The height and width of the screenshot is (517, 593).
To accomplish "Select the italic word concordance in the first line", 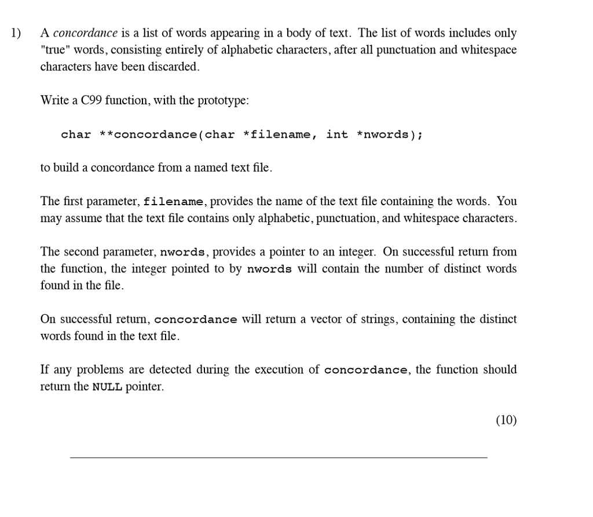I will [85, 33].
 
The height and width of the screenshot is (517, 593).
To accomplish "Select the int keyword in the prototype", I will [337, 134].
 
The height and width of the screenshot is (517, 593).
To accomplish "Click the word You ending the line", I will [507, 201].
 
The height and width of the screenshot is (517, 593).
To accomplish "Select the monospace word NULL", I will [107, 387].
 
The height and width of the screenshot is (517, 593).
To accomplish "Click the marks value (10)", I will [506, 421].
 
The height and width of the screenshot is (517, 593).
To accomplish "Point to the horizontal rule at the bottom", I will [279, 457].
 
